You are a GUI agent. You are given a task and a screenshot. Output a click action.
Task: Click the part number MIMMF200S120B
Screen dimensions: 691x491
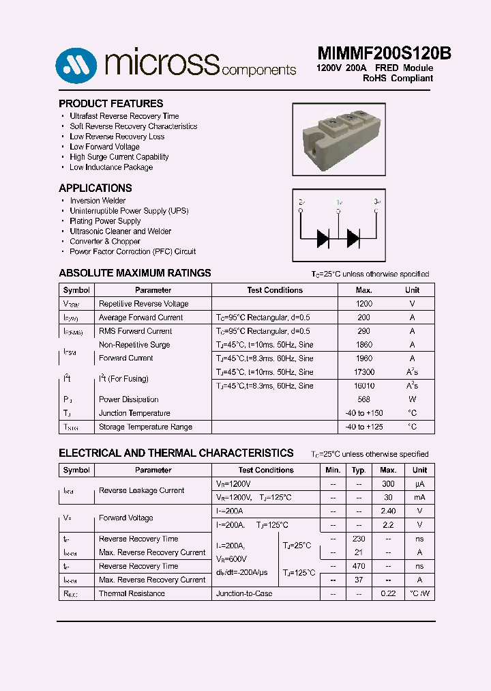click(x=384, y=54)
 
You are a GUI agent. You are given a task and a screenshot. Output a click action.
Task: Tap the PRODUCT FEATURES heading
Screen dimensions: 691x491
click(x=110, y=104)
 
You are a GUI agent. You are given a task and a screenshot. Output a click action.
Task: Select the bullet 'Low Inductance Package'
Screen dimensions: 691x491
click(x=110, y=167)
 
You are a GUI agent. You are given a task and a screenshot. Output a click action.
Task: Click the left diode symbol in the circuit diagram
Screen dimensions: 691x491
click(x=323, y=238)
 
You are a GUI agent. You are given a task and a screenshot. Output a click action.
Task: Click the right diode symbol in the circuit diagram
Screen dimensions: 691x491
click(x=353, y=238)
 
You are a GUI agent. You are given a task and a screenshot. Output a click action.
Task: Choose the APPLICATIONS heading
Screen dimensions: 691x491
click(x=95, y=188)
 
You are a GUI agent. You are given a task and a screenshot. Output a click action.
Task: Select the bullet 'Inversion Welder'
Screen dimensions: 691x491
click(x=98, y=201)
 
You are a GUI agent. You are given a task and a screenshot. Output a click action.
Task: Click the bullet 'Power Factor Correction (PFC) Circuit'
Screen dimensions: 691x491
click(x=132, y=251)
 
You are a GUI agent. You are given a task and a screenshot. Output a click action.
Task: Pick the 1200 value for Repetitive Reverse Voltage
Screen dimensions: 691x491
click(x=364, y=304)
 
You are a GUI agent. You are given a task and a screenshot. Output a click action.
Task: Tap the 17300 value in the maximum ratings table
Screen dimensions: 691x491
click(x=364, y=372)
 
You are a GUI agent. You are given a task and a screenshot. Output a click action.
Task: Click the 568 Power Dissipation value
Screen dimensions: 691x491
click(x=364, y=399)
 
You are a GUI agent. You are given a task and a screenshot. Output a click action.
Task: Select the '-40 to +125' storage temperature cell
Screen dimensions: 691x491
click(x=364, y=427)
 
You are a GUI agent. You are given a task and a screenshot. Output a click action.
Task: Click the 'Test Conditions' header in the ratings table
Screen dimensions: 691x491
click(x=274, y=290)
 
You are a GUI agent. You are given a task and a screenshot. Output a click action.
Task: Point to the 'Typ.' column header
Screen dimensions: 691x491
click(x=359, y=470)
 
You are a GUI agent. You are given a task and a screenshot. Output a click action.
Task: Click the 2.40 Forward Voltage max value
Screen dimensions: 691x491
click(x=387, y=511)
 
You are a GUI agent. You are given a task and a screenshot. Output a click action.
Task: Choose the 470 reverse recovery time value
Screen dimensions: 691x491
click(x=359, y=566)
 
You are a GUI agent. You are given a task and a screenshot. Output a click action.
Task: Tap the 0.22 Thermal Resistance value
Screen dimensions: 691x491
click(x=387, y=593)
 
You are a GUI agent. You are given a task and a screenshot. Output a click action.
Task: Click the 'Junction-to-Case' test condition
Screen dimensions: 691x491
click(x=244, y=593)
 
